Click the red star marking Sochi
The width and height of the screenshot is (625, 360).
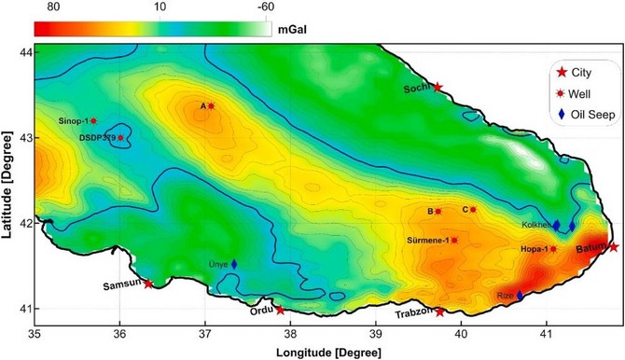[437, 87]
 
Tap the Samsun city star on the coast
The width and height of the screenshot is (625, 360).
[148, 284]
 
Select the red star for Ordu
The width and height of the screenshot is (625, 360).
[280, 310]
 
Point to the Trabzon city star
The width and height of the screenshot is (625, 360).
[440, 312]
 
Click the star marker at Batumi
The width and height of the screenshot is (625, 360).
[613, 247]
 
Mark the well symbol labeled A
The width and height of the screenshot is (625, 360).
[211, 106]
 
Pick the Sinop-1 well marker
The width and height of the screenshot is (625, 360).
[93, 121]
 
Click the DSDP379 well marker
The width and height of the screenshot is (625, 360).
[120, 138]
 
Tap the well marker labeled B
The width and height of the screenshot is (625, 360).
[438, 212]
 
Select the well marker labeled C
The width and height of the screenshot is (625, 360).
[473, 210]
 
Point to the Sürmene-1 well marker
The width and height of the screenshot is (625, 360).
[454, 241]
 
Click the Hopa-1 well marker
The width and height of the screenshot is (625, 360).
[553, 249]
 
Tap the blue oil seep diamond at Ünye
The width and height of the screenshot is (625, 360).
[234, 265]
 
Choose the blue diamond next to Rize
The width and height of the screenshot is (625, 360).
[521, 296]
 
